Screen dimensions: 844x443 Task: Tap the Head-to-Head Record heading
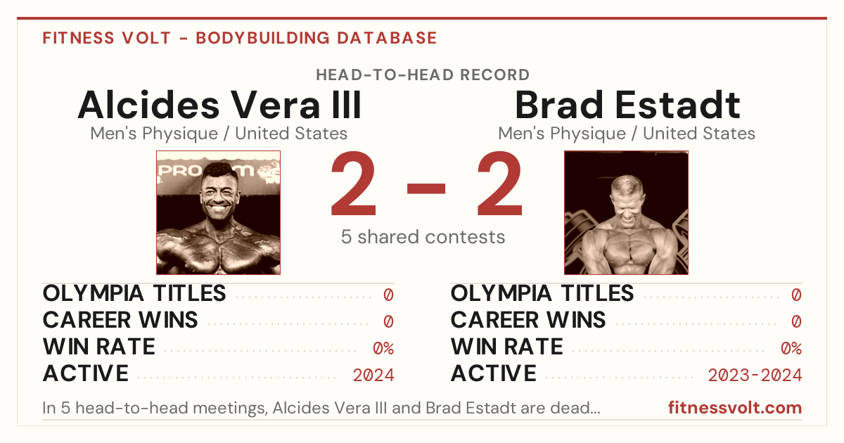[423, 75]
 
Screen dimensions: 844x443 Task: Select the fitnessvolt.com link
[735, 408]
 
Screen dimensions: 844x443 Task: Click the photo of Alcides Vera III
[219, 213]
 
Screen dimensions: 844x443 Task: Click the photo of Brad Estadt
[626, 213]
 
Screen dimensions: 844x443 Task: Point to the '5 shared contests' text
[423, 237]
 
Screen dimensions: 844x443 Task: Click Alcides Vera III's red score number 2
[353, 183]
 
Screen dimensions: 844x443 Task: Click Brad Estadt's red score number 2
[499, 183]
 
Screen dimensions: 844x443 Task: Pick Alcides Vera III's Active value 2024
[373, 375]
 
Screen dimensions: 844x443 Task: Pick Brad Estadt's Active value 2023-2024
[755, 375]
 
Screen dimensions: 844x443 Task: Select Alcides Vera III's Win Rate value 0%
[383, 349]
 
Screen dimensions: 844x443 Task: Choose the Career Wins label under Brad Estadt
[528, 320]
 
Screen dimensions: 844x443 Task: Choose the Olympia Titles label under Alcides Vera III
[134, 293]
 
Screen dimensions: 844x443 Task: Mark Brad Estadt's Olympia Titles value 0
[796, 295]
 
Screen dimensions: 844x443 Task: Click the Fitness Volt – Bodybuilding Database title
[240, 38]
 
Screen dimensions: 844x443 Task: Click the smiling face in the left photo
[218, 194]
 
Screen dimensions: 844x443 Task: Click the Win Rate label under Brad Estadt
[507, 347]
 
